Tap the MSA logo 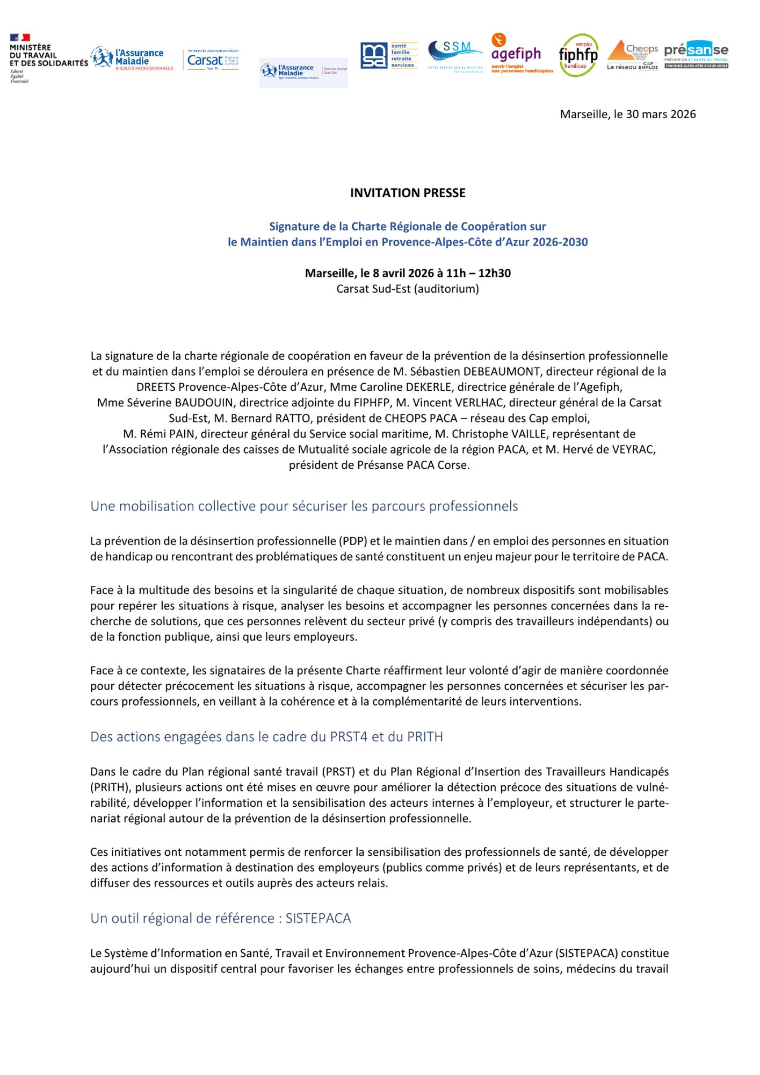coord(388,55)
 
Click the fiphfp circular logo coord(578,55)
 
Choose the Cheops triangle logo coord(632,55)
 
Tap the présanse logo coord(696,54)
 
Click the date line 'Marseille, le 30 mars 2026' coord(627,114)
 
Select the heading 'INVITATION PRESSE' coord(408,193)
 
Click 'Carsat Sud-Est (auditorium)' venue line coord(408,289)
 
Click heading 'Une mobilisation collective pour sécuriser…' coord(304,506)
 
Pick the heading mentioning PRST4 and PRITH coord(266,737)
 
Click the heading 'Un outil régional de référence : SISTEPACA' coord(220,919)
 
